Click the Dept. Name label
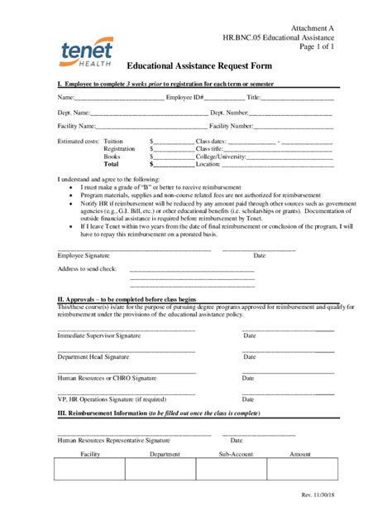(74, 112)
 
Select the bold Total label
(111, 164)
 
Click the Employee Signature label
(83, 256)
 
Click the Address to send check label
(87, 269)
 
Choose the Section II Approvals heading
(126, 298)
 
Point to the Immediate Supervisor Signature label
(98, 335)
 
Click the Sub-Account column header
(236, 454)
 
